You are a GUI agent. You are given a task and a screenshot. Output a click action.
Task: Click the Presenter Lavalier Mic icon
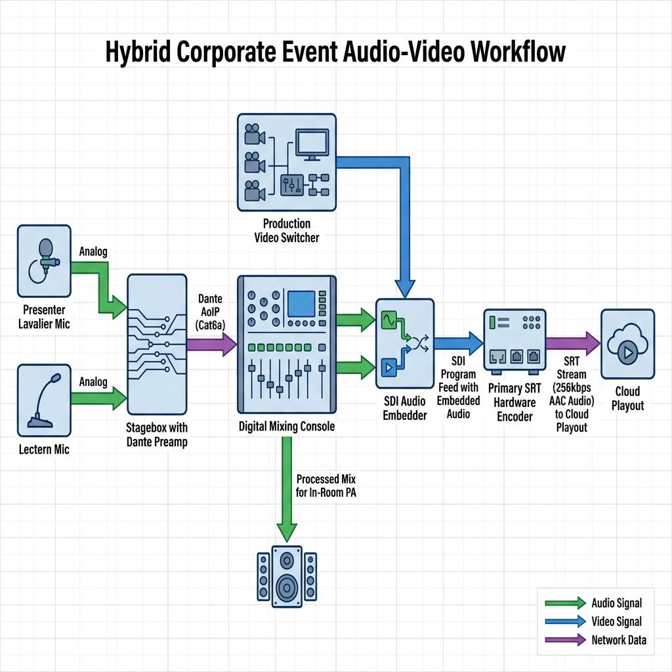tap(44, 261)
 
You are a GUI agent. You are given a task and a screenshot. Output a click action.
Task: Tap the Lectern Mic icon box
tap(44, 400)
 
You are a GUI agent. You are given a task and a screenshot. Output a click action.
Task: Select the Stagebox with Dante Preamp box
tap(157, 344)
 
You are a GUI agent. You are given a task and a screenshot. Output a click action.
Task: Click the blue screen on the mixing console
tap(301, 303)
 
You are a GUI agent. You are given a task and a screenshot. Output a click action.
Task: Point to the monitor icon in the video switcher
tap(312, 145)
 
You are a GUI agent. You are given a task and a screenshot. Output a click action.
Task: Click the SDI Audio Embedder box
tap(405, 344)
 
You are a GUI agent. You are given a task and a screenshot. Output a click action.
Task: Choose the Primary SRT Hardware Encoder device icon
tap(514, 341)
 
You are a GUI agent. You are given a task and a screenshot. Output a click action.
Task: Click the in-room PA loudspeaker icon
tap(287, 576)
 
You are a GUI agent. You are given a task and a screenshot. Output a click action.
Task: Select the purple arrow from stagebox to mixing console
tap(212, 344)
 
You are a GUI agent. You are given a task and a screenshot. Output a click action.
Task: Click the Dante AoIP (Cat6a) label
tap(210, 312)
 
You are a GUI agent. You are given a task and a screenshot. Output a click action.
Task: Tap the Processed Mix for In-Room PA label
tap(325, 486)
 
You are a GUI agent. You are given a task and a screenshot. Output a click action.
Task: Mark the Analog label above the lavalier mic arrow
tap(93, 251)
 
